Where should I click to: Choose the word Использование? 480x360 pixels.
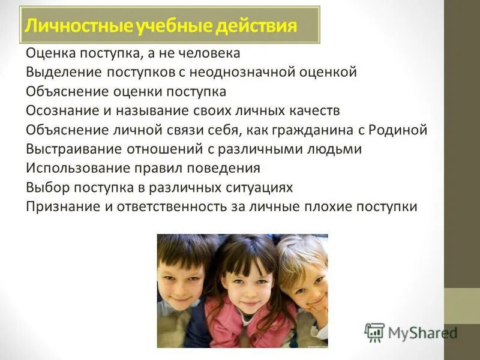click(x=74, y=169)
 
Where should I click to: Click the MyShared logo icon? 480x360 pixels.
click(x=374, y=332)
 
